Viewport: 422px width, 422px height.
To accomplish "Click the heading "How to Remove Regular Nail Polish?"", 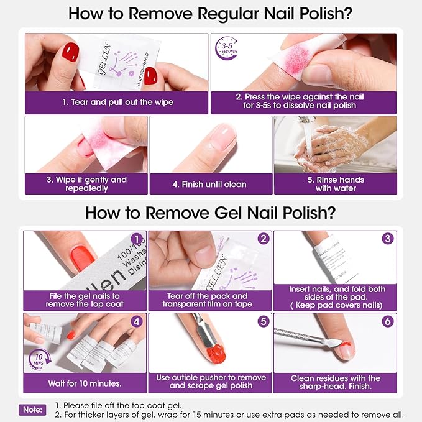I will click(211, 14).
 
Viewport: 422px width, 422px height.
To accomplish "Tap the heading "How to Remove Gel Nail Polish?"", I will click(211, 213).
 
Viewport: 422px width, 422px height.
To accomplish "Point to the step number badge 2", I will click(264, 239).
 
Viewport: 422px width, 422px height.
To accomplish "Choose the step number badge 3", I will click(388, 239).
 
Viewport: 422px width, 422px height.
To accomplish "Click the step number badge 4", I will click(136, 322).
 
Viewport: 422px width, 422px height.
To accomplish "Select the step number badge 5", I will click(264, 322).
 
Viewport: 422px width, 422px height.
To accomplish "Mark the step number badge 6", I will click(388, 322).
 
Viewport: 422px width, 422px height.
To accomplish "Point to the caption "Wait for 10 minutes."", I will click(85, 383).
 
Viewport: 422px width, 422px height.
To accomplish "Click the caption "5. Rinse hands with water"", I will click(334, 184).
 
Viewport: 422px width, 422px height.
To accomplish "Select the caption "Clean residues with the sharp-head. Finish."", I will click(335, 382).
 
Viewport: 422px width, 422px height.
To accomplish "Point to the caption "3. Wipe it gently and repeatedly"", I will click(86, 184).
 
